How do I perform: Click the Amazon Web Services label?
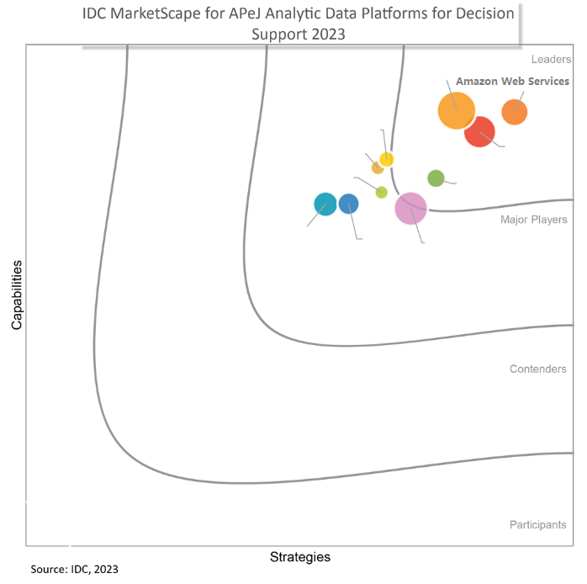pos(512,82)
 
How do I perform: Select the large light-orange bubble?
pos(457,110)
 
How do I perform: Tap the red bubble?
pos(479,131)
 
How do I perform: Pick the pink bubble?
pos(410,207)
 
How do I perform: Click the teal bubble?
pos(325,204)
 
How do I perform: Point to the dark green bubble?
pos(436,178)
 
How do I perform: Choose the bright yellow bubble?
pos(387,159)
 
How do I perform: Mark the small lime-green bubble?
pos(381,192)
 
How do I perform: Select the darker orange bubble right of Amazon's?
pos(514,111)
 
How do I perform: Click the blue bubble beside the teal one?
pos(348,204)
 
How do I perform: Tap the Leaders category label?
pos(551,60)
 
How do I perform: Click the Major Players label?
pos(533,220)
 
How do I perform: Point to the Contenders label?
pos(537,369)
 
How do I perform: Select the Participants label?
pos(537,524)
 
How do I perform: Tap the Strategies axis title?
pos(299,557)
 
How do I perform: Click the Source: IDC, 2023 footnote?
pos(75,570)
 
